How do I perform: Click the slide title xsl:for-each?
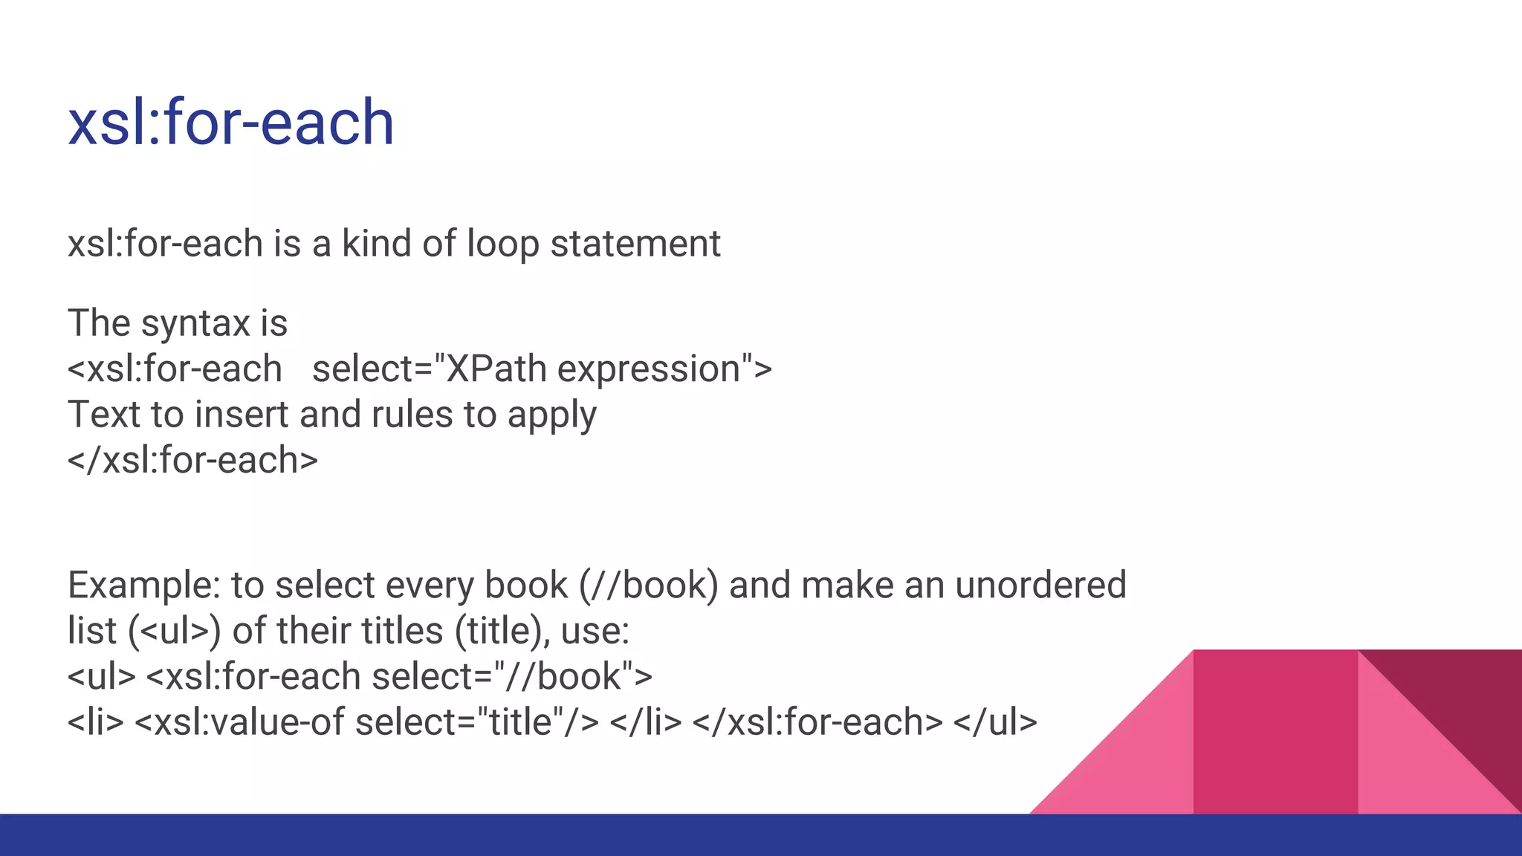[230, 123]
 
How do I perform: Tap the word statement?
[635, 244]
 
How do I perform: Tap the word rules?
[412, 415]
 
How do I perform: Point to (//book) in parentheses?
[648, 586]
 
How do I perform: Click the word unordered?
[1040, 586]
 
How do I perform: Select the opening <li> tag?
[95, 722]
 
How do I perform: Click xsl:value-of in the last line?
[250, 722]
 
